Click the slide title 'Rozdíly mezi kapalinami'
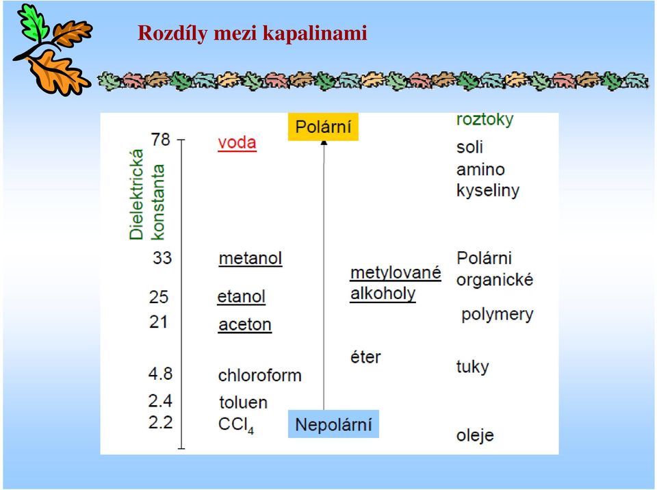click(253, 33)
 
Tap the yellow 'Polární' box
click(323, 127)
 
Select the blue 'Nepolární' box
click(333, 424)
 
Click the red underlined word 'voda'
click(237, 142)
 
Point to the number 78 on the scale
click(161, 140)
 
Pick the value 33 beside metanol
click(162, 258)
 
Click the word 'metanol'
click(250, 258)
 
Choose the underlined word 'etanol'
click(242, 297)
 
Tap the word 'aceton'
click(245, 325)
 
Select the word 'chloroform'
click(260, 375)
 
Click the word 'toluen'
click(243, 402)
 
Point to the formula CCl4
click(236, 425)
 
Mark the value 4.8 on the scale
click(160, 373)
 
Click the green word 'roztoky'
click(485, 120)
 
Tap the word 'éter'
click(365, 357)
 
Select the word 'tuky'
click(473, 367)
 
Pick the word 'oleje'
click(475, 435)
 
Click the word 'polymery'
click(498, 314)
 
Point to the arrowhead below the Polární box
click(324, 143)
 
